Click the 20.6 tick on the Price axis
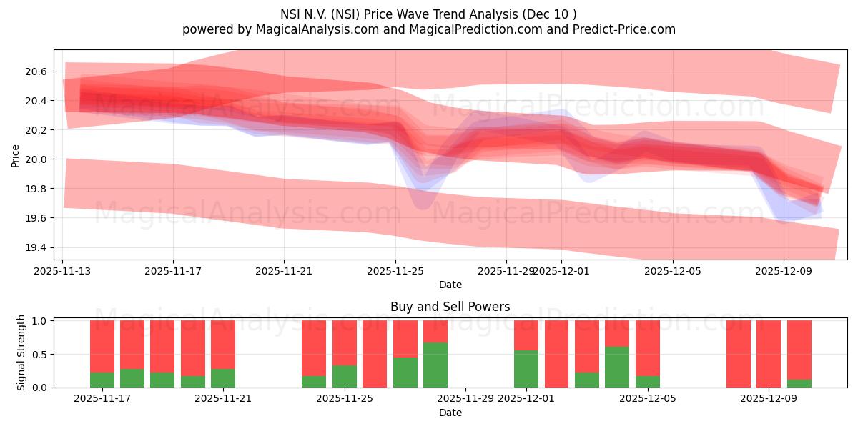[x=36, y=71]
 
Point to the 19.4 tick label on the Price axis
[x=36, y=247]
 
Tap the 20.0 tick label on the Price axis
[x=36, y=159]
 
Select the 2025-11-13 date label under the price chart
[x=62, y=272]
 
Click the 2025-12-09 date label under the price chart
[x=783, y=272]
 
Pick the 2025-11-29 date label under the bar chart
[x=465, y=399]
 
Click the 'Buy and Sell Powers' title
[x=450, y=307]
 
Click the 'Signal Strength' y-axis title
[x=21, y=352]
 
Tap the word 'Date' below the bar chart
[x=450, y=413]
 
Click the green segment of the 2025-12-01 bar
[x=526, y=369]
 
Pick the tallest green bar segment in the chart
[x=435, y=365]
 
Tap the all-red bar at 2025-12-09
[x=769, y=354]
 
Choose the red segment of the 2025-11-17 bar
[x=102, y=346]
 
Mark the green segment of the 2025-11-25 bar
[x=345, y=376]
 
